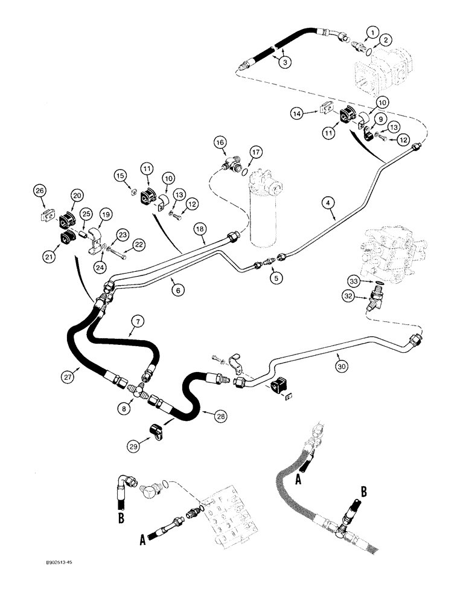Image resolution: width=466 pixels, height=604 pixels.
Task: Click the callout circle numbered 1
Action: coord(372,32)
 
